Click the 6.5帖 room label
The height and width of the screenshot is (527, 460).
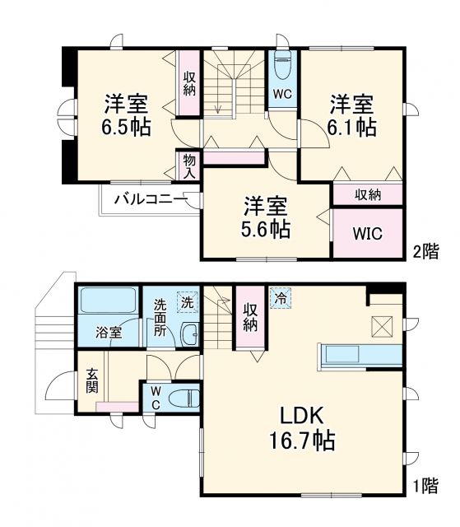[x=126, y=117]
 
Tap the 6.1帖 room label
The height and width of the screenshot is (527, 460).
[x=353, y=116]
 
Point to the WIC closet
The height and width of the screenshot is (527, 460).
[x=367, y=233]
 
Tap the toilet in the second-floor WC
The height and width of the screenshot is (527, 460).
[x=282, y=67]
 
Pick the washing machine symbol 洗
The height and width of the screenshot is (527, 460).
[x=189, y=301]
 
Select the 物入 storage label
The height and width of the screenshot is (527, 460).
[x=188, y=166]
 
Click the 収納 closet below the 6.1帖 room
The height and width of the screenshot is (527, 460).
[x=367, y=194]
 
